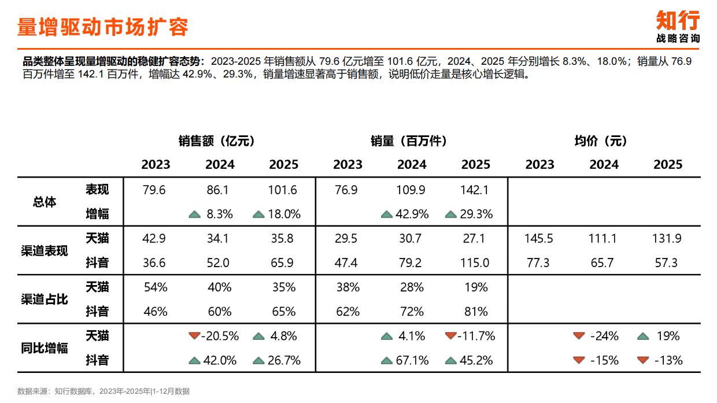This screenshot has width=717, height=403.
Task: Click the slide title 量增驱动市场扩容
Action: click(x=103, y=27)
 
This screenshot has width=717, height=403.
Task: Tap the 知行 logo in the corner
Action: click(x=678, y=21)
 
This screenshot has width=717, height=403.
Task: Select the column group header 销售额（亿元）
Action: click(x=217, y=141)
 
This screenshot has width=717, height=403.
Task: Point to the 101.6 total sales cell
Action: click(x=283, y=190)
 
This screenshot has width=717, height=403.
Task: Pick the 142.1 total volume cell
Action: click(x=475, y=190)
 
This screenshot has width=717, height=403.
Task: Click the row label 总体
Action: click(x=45, y=202)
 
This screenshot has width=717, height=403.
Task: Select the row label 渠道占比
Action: click(x=45, y=300)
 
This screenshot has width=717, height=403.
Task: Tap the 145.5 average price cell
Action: click(x=539, y=238)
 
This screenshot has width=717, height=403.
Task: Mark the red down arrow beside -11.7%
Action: click(x=451, y=336)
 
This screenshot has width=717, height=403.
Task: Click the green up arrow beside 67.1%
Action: click(x=387, y=361)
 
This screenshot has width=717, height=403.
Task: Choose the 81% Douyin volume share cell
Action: click(x=475, y=312)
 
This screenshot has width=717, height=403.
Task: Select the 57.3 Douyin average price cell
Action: click(x=667, y=263)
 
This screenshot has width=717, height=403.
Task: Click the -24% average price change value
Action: click(x=604, y=336)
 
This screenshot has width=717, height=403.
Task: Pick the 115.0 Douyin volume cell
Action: click(x=475, y=263)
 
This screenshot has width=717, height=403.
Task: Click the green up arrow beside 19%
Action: click(x=643, y=336)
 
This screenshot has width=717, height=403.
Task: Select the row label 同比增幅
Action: click(x=45, y=348)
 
